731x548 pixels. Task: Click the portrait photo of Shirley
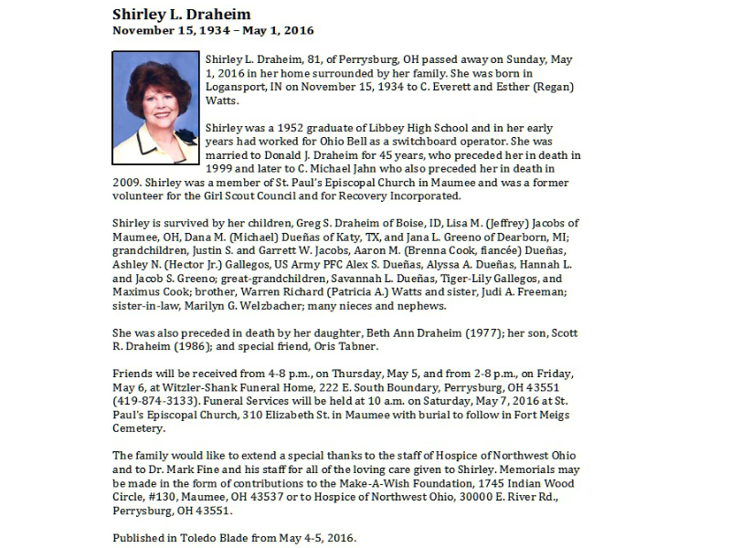point(154,107)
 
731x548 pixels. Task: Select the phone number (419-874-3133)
point(156,401)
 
